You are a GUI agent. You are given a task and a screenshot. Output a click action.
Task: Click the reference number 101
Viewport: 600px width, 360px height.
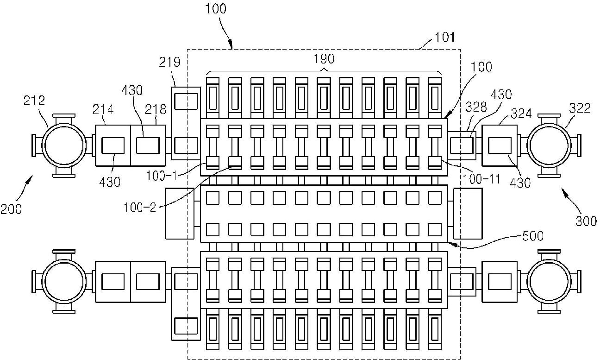click(444, 37)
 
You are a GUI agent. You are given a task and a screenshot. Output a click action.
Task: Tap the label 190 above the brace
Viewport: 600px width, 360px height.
click(325, 59)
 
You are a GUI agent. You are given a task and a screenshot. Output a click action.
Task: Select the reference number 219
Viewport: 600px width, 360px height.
click(169, 62)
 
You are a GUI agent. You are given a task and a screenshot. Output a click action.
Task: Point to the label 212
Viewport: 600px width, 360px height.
click(34, 101)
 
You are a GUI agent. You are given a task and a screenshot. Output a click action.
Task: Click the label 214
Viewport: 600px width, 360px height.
click(103, 109)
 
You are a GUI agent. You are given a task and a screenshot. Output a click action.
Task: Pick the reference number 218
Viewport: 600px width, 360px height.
click(156, 109)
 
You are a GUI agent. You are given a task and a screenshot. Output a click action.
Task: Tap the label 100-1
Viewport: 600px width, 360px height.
click(162, 176)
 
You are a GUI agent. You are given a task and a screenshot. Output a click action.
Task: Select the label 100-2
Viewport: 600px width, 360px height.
click(140, 208)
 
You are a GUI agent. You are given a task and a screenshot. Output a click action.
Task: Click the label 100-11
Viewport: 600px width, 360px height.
click(481, 179)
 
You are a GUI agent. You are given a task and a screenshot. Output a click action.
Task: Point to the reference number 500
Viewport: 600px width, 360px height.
click(533, 236)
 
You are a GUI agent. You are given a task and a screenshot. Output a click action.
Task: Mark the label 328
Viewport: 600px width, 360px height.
click(476, 107)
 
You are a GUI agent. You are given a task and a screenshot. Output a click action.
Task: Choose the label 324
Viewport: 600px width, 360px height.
click(521, 114)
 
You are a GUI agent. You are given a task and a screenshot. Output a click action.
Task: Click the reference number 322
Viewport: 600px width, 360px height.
click(580, 108)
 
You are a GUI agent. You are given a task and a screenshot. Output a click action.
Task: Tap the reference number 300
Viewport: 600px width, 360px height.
click(586, 221)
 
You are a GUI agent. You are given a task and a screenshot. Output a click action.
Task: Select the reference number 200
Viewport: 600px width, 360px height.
click(11, 209)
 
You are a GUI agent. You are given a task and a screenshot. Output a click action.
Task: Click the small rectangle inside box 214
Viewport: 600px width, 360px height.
click(113, 145)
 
